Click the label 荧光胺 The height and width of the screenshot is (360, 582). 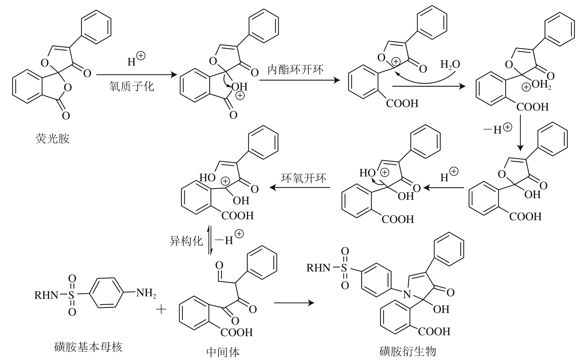(x=53, y=139)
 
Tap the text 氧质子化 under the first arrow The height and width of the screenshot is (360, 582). (x=131, y=86)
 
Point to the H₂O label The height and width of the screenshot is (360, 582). (x=450, y=65)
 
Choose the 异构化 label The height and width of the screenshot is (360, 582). (x=186, y=241)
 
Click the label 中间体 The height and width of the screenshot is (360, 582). (x=223, y=352)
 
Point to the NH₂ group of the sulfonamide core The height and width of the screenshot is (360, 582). (x=146, y=293)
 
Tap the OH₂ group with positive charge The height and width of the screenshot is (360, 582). (x=541, y=85)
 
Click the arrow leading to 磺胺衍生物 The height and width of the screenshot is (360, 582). (x=294, y=303)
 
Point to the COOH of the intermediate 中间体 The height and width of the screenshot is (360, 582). (x=236, y=332)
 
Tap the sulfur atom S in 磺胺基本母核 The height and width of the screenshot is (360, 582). (x=72, y=295)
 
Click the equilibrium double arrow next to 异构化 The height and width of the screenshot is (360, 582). (x=210, y=241)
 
